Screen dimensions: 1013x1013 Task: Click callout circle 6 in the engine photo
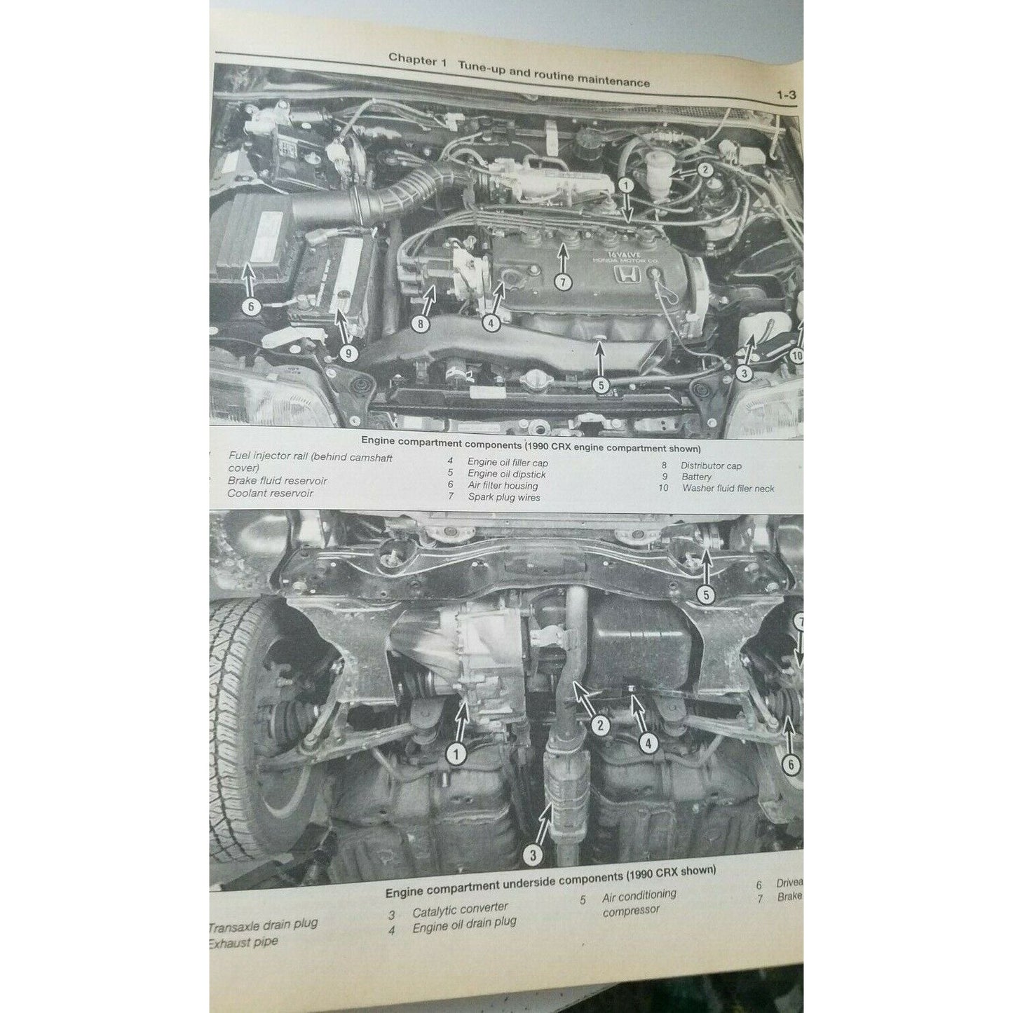coord(250,306)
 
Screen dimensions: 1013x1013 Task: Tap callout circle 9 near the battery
coord(348,353)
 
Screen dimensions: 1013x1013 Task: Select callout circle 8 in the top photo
coord(420,324)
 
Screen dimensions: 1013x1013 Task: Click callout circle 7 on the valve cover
coord(562,282)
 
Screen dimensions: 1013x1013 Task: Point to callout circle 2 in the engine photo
coord(705,169)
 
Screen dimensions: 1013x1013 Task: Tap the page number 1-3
coord(786,96)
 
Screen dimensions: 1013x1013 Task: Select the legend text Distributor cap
coord(711,465)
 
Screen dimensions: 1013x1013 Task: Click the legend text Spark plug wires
coord(504,497)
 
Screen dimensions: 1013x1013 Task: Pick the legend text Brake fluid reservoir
coord(277,481)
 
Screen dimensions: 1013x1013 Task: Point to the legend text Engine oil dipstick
coord(506,474)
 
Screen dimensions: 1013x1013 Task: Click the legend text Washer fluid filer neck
coord(728,488)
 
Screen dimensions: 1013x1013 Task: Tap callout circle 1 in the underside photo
coord(456,754)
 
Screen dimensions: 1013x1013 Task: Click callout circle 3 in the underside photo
coord(533,855)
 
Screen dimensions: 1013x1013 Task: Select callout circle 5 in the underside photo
coord(706,595)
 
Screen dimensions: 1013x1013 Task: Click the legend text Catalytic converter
coord(460,910)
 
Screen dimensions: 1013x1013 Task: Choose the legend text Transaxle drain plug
coord(264,925)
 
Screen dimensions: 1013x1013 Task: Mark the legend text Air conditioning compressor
coord(638,902)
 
